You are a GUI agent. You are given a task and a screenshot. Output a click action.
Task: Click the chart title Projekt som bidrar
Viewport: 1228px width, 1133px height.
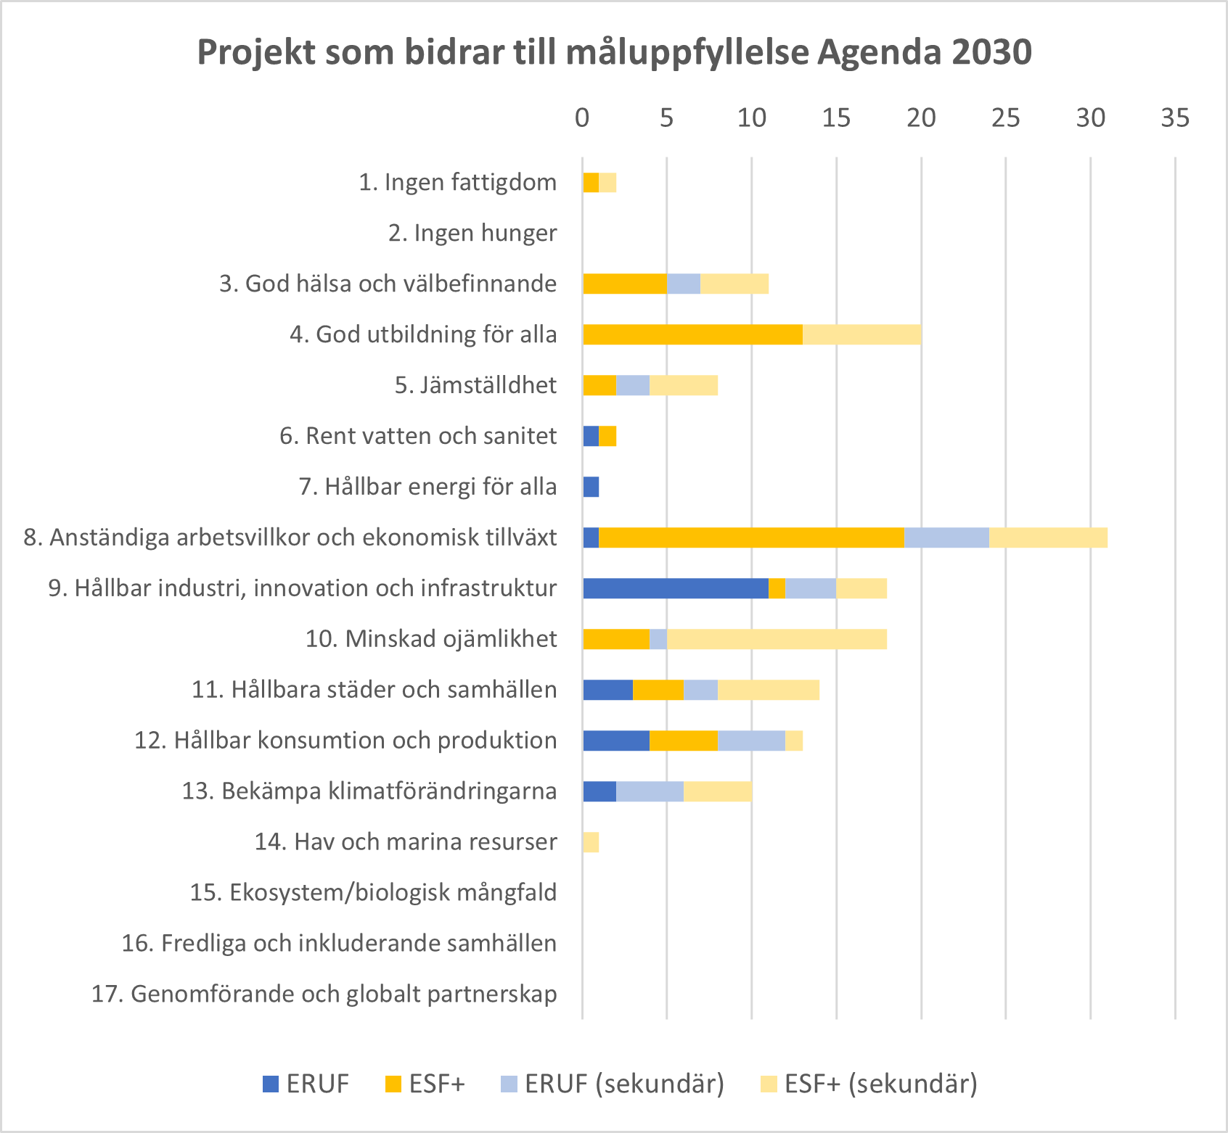(614, 52)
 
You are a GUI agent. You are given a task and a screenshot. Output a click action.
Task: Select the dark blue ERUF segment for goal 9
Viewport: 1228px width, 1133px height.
(675, 588)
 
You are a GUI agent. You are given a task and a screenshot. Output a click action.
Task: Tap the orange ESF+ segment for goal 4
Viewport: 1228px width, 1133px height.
(692, 334)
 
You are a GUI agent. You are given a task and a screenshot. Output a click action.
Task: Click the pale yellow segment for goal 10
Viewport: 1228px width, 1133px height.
(777, 639)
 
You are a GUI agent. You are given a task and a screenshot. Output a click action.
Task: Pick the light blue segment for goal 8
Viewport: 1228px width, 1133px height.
(946, 537)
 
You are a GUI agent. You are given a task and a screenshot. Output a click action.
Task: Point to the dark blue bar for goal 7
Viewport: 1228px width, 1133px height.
(591, 487)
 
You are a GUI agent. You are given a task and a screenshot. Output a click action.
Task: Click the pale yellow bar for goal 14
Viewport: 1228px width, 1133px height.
(591, 842)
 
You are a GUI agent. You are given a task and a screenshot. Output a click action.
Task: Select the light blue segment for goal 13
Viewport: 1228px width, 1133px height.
(650, 791)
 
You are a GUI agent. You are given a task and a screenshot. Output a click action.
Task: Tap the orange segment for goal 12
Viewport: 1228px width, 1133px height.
(684, 741)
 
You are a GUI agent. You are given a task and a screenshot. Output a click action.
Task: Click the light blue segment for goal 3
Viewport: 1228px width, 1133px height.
(684, 284)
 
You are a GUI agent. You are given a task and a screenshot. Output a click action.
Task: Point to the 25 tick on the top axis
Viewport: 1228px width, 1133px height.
(1006, 118)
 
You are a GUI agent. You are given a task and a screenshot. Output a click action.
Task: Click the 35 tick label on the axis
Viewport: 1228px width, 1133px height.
(1175, 118)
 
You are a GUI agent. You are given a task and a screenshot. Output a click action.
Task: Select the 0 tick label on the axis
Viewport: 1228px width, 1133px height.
(582, 118)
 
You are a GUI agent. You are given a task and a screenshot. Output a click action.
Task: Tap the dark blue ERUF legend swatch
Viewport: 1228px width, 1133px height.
(271, 1084)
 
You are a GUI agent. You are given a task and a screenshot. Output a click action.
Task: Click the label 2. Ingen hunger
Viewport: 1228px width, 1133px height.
(472, 233)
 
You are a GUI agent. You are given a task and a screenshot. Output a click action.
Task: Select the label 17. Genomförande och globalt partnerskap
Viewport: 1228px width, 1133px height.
(324, 994)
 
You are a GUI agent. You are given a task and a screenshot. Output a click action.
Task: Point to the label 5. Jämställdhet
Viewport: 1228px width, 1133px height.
(475, 385)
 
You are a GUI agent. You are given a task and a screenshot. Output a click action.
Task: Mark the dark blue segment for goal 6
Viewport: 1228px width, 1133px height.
(591, 436)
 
